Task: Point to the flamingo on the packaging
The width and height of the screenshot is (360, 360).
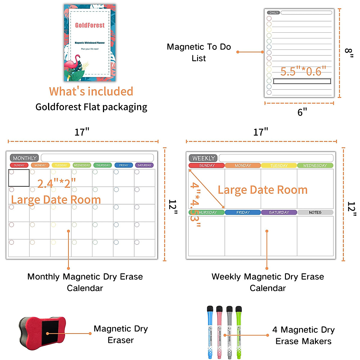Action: [x=72, y=64]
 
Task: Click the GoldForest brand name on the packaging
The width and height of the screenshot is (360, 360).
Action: [x=90, y=25]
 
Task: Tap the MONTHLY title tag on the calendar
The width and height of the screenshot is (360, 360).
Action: [x=25, y=158]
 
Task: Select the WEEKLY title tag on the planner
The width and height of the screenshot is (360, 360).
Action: [x=203, y=158]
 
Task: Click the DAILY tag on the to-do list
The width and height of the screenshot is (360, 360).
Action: [x=274, y=13]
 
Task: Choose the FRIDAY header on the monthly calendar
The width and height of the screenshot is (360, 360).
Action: [x=124, y=165]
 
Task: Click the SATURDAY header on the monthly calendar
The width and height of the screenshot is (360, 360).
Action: [x=144, y=165]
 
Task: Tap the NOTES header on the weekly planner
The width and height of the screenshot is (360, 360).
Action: [x=315, y=212]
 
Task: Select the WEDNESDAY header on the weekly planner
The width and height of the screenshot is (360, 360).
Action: [x=315, y=166]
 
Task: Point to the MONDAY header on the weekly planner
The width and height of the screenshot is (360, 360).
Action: [x=243, y=166]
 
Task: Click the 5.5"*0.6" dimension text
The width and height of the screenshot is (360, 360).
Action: [x=303, y=71]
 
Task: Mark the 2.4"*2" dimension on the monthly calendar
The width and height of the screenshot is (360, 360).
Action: [x=56, y=183]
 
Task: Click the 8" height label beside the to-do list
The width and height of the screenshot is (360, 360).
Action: [x=349, y=53]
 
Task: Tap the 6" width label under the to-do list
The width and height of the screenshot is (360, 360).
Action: [x=302, y=112]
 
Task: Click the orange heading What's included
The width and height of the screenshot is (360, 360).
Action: [x=91, y=91]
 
